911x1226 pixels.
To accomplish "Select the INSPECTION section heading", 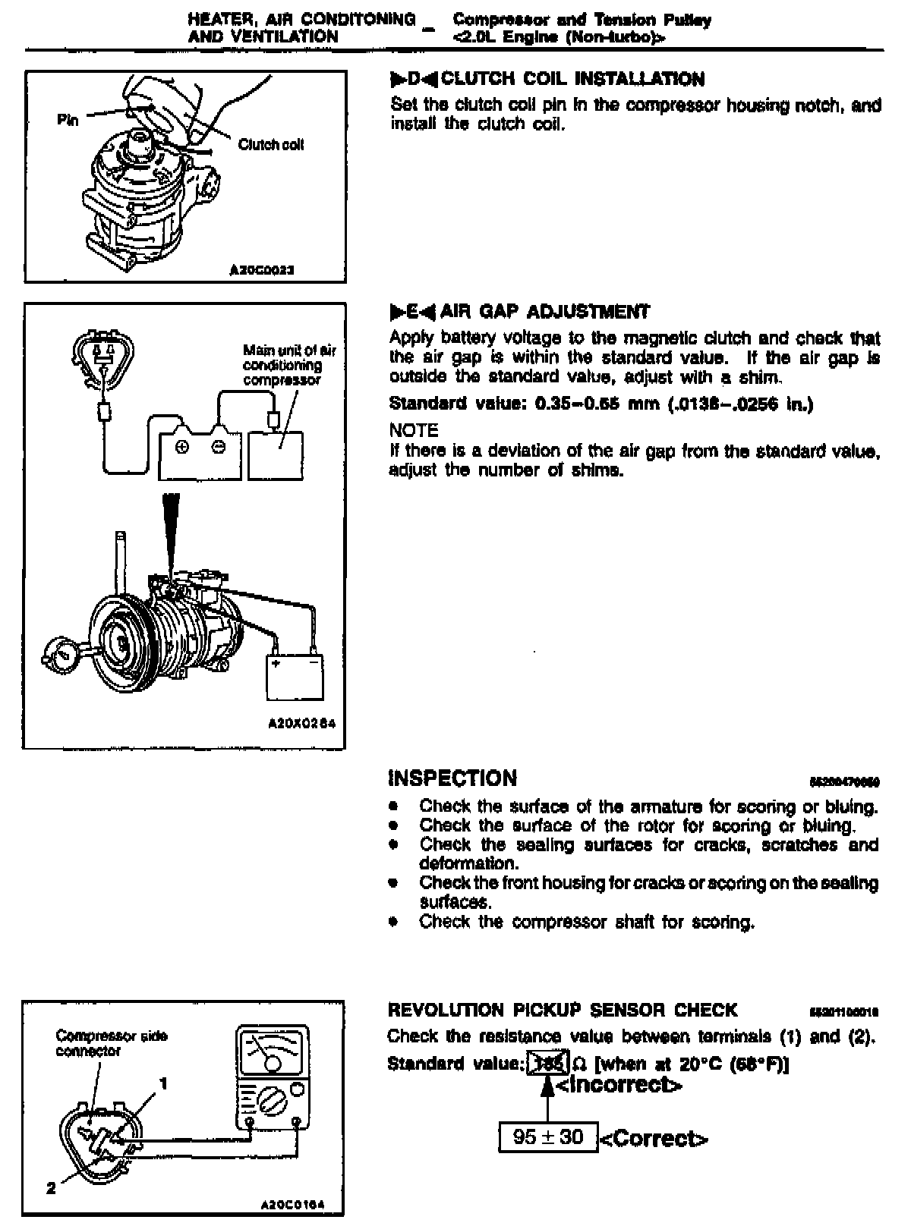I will pos(452,778).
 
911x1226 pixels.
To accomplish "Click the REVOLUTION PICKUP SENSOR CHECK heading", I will pos(562,1010).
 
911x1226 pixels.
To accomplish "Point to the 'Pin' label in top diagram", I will pos(68,120).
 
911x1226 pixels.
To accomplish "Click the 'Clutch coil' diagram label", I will pos(271,144).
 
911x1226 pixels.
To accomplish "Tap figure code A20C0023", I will pos(262,269).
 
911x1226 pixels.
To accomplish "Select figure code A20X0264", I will pos(302,724).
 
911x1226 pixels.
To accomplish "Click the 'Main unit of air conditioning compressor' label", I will pos(288,365).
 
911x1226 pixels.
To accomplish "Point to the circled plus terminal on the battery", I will pos(182,447).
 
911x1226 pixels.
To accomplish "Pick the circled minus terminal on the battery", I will pos(218,447).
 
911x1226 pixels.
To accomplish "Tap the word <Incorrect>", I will pos(619,1085).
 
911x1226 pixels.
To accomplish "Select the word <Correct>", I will pos(654,1138).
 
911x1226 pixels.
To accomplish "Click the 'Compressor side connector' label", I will pos(112,1043).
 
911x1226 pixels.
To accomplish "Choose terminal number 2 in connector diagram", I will pos(51,1189).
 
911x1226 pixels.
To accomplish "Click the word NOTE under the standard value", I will pos(414,431).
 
